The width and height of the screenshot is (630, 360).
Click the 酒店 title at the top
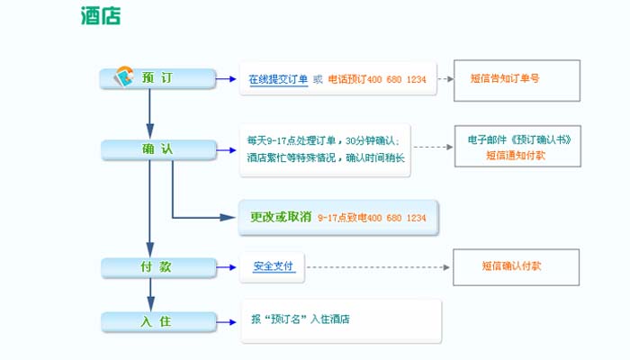coord(100,16)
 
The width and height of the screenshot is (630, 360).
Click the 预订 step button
coord(157,78)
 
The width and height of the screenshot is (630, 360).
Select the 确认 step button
coord(157,149)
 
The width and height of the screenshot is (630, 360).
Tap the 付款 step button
coord(157,267)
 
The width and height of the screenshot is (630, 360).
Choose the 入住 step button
coord(157,320)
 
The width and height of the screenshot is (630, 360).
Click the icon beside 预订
coord(123,77)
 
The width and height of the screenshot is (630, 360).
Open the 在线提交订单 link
coord(278,79)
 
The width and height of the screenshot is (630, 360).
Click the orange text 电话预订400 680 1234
coord(377,79)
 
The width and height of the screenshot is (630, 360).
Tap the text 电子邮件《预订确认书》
coord(519,140)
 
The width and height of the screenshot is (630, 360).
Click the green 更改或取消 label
coord(281,217)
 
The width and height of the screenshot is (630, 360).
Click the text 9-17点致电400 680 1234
coord(372,218)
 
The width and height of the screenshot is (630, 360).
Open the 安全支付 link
coord(273,267)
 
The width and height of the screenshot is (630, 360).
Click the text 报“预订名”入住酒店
coord(301,319)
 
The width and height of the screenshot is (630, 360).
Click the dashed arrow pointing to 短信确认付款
coord(378,267)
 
